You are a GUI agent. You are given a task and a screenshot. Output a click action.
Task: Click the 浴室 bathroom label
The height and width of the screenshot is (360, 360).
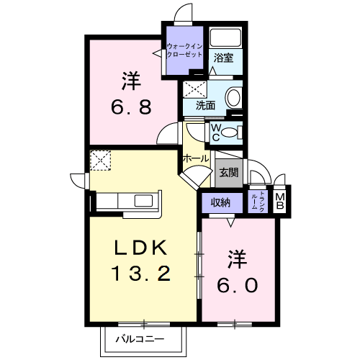click(x=223, y=58)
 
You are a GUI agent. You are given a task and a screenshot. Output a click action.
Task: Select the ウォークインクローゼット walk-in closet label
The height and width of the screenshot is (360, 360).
click(x=184, y=50)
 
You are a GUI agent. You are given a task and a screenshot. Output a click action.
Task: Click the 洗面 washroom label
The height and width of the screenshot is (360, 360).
click(x=205, y=105)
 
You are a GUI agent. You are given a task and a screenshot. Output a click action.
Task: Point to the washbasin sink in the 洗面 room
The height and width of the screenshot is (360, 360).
click(x=233, y=98)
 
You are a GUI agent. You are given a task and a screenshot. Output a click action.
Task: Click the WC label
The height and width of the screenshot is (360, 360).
click(x=216, y=132)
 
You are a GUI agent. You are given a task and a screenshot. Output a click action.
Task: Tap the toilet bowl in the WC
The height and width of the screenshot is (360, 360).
click(x=230, y=132)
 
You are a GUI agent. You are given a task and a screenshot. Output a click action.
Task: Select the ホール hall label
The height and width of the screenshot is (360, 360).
click(x=196, y=158)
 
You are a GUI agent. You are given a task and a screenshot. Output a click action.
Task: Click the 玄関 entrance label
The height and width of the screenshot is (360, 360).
click(x=229, y=172)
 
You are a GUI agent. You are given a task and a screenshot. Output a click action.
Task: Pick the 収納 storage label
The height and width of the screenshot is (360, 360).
click(x=221, y=203)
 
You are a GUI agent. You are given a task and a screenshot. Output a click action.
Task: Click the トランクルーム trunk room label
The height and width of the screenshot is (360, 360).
click(x=259, y=202)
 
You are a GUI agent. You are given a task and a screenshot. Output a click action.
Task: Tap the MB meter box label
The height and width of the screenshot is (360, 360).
click(x=279, y=202)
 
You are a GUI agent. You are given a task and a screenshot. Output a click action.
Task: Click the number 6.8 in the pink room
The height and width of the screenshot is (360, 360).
click(x=131, y=107)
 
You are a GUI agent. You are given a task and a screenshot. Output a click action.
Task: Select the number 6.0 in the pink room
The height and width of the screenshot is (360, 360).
click(x=238, y=285)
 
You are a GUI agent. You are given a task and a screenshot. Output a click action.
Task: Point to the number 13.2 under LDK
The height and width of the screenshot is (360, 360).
click(x=141, y=274)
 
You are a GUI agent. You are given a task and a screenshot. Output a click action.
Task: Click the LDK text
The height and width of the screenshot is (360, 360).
click(x=140, y=248)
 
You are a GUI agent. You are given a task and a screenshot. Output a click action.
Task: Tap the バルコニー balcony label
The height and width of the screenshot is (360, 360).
click(x=140, y=339)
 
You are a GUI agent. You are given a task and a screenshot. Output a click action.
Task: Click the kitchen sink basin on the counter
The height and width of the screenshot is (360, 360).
click(x=143, y=201)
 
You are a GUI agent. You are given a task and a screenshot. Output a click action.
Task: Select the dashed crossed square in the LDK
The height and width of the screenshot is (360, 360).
click(x=100, y=161)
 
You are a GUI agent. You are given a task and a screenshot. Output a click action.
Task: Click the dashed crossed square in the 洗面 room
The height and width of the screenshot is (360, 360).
click(x=194, y=89)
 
